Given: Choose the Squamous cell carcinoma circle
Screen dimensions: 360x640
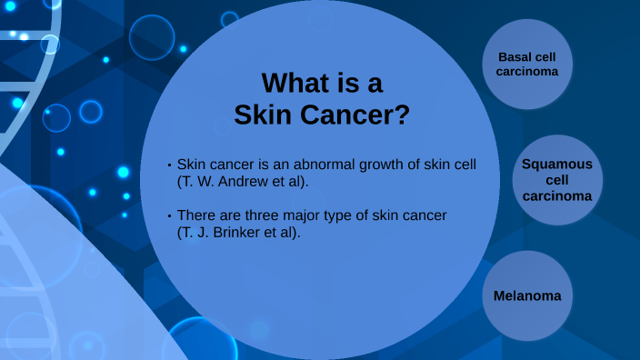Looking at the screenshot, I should coord(556,180).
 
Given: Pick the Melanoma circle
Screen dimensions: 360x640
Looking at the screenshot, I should coord(526,295).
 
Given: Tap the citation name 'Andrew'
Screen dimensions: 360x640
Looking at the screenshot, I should coord(244,181).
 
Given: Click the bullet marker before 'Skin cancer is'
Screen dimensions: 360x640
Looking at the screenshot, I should coord(169,165).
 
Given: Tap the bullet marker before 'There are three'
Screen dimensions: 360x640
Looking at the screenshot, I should coord(169,215).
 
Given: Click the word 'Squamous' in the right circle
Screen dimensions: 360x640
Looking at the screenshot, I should coord(556,164).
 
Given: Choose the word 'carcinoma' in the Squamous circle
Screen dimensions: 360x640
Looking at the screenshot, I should coord(556,195).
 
